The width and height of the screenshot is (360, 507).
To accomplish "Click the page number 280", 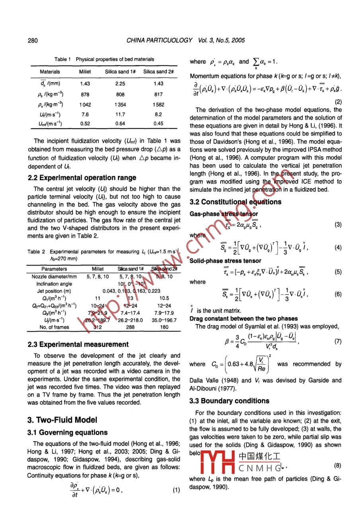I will click(32, 41).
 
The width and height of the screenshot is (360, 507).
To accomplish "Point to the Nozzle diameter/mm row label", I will click(54, 277).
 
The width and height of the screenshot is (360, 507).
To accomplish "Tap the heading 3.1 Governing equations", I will click(67, 432).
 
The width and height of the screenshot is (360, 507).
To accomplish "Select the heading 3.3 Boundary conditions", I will click(229, 401).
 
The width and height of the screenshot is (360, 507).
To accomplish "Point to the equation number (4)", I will click(338, 248).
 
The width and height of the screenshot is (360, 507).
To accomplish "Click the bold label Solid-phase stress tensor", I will click(225, 261).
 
